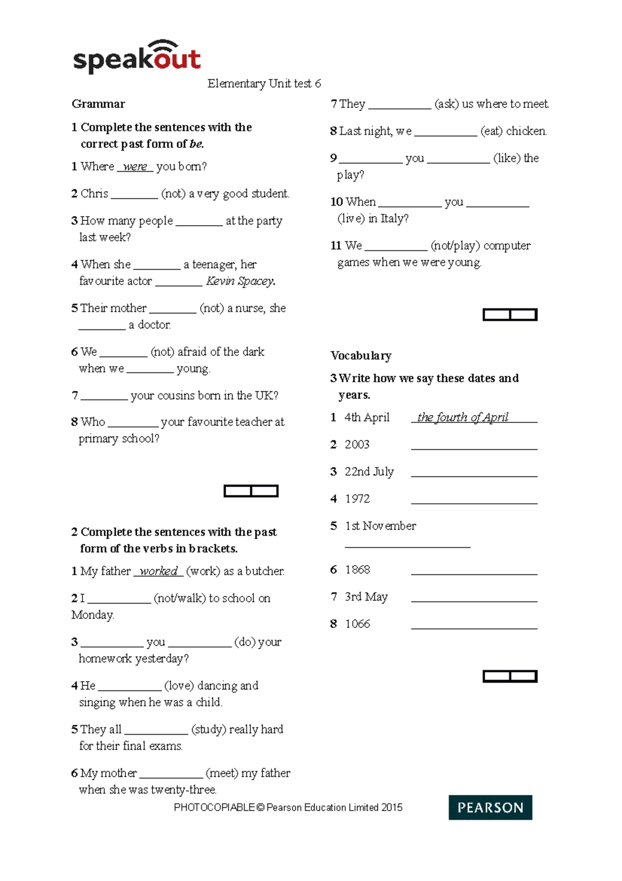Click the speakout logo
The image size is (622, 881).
pyautogui.click(x=137, y=57)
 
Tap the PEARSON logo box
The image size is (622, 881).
pyautogui.click(x=490, y=807)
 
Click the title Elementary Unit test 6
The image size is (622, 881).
pyautogui.click(x=264, y=84)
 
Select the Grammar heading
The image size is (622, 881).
pyautogui.click(x=98, y=104)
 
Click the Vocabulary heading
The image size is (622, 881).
pyautogui.click(x=361, y=356)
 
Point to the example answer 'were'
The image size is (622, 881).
pyautogui.click(x=135, y=167)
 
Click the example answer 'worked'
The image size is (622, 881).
pyautogui.click(x=159, y=571)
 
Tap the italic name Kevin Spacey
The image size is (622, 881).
pyautogui.click(x=241, y=281)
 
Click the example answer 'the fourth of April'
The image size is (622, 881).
pyautogui.click(x=462, y=418)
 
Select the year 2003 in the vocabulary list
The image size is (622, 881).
pyautogui.click(x=357, y=445)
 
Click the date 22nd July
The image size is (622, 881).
pyautogui.click(x=369, y=472)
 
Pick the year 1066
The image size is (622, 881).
pyautogui.click(x=358, y=624)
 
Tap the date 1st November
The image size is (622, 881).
pyautogui.click(x=380, y=526)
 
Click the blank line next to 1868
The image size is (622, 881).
pyautogui.click(x=474, y=573)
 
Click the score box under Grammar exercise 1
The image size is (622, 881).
pyautogui.click(x=251, y=491)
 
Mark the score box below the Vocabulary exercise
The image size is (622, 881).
pyautogui.click(x=510, y=676)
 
